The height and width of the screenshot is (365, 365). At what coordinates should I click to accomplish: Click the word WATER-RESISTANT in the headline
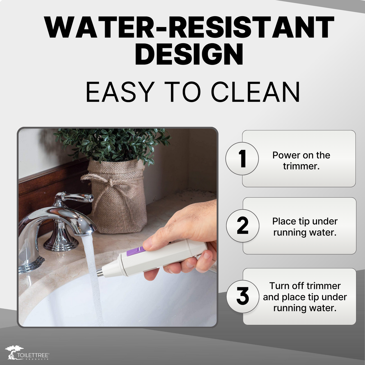(189, 27)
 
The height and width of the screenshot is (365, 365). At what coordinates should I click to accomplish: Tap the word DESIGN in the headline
(189, 54)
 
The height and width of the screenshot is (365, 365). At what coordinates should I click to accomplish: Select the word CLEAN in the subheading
(255, 92)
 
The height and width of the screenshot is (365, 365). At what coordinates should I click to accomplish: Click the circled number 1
(242, 159)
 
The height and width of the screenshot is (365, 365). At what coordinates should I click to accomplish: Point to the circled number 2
(243, 225)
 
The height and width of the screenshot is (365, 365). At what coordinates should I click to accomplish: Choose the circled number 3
(243, 296)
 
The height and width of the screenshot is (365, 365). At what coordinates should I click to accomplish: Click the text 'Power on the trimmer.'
(301, 161)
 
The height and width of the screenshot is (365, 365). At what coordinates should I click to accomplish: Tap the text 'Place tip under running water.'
(305, 227)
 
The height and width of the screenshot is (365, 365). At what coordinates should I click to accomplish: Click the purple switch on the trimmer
(136, 251)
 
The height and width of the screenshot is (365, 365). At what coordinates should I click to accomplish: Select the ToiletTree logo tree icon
(14, 352)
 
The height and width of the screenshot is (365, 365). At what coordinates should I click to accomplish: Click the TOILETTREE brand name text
(33, 355)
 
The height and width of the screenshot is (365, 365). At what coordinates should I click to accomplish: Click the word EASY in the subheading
(120, 92)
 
